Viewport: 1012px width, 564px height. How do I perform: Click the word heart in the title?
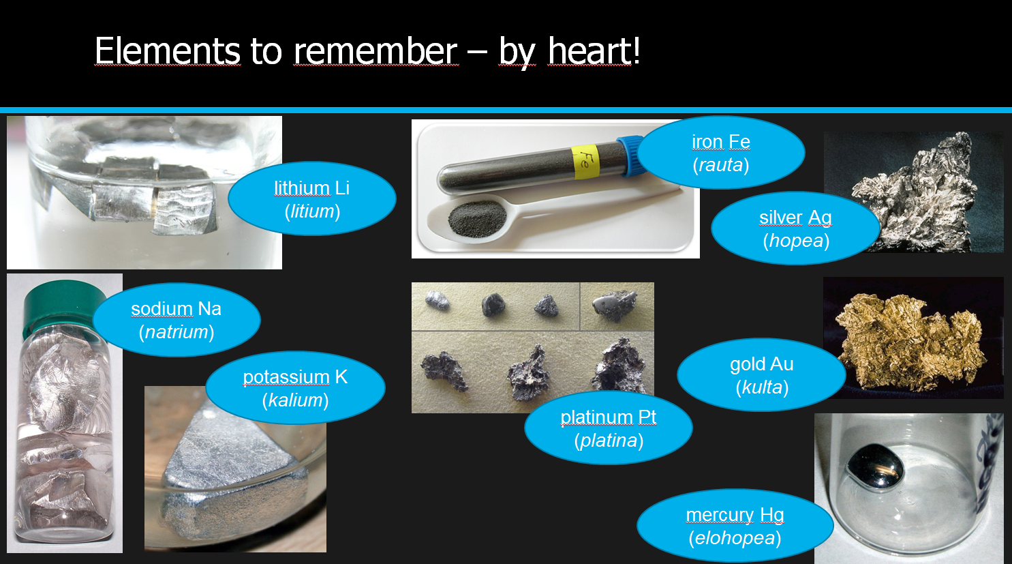click(x=593, y=51)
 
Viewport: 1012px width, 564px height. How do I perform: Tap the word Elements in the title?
click(x=167, y=51)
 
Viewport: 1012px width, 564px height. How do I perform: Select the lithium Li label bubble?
click(x=312, y=198)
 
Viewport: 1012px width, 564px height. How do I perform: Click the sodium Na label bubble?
click(x=177, y=320)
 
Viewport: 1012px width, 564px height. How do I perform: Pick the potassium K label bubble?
click(x=296, y=387)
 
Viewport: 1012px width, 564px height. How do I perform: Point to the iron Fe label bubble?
click(x=721, y=152)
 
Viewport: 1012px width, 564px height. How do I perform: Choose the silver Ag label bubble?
click(x=795, y=228)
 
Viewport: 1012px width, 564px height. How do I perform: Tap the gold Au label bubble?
click(x=762, y=375)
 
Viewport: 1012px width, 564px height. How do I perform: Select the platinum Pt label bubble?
click(x=609, y=428)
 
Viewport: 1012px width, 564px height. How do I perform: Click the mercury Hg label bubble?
click(x=735, y=526)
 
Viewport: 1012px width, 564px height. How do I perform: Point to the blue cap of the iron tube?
click(x=630, y=155)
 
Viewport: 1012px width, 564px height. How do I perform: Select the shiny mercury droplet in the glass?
click(x=875, y=466)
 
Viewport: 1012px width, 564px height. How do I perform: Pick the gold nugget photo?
click(x=913, y=338)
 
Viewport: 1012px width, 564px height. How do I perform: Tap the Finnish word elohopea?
click(x=735, y=538)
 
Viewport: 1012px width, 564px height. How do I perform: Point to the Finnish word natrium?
click(x=177, y=332)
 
